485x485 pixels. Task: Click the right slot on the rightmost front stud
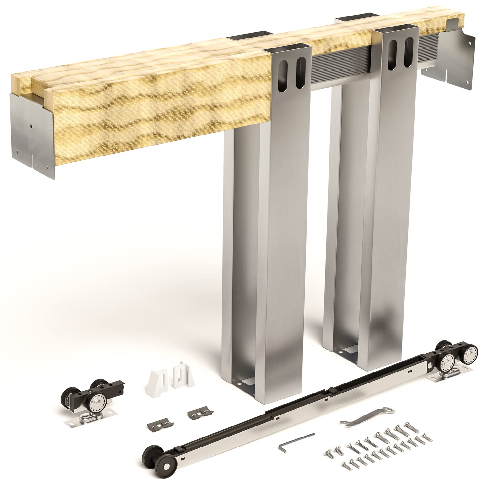pyautogui.click(x=409, y=53)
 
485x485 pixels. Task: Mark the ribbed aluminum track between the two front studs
pyautogui.click(x=341, y=65)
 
